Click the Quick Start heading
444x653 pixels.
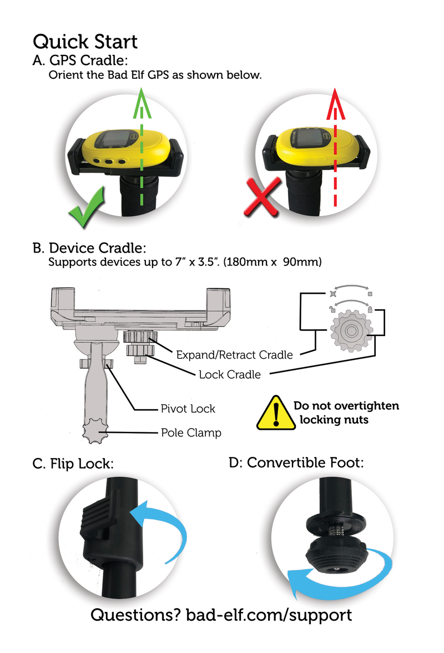click(85, 42)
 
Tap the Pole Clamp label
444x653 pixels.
click(190, 433)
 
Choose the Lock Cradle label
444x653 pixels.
click(229, 374)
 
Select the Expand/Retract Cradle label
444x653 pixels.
click(234, 354)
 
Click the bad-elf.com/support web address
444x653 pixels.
click(269, 615)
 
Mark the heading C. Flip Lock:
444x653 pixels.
click(73, 464)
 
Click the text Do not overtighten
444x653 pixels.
click(346, 406)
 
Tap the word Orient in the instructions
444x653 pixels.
click(64, 75)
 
